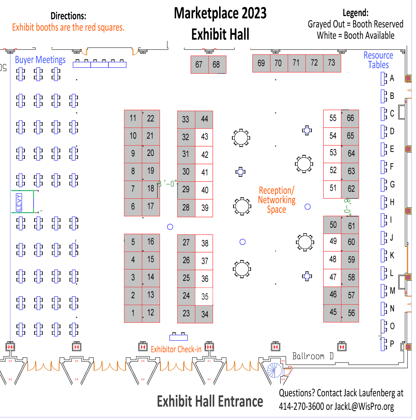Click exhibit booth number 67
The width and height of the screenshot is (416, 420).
click(200, 65)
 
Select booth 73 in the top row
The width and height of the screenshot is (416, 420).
click(332, 63)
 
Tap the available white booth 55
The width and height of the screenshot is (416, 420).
click(332, 119)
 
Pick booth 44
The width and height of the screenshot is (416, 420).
click(204, 119)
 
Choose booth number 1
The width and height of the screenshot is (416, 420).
click(133, 314)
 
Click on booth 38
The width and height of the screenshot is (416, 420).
click(204, 243)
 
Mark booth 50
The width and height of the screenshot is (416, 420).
click(332, 225)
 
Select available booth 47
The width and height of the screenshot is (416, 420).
click(332, 278)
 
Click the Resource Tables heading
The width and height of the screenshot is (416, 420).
click(378, 60)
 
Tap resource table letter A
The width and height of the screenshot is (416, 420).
click(392, 78)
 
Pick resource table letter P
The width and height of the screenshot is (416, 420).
click(392, 343)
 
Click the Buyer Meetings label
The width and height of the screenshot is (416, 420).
click(40, 60)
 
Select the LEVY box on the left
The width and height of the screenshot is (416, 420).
click(22, 202)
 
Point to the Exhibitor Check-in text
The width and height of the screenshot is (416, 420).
click(176, 349)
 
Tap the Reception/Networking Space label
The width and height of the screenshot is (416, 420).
click(277, 200)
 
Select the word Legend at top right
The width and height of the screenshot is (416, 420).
click(356, 13)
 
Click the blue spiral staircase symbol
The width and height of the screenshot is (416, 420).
click(274, 370)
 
